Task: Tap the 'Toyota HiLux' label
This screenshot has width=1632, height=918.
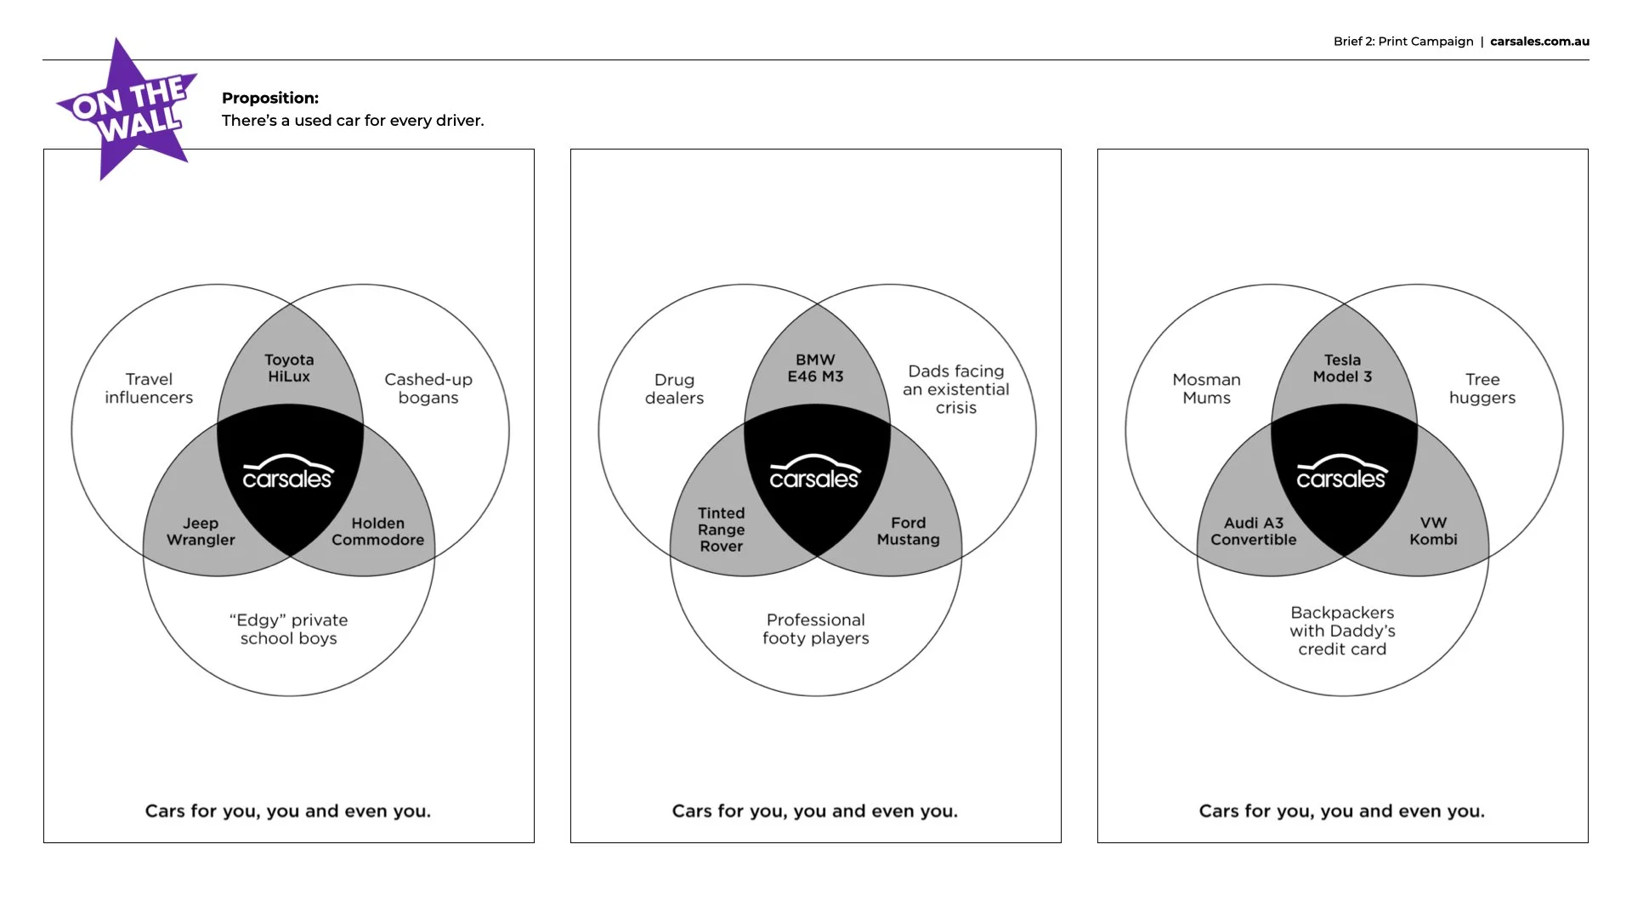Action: tap(289, 368)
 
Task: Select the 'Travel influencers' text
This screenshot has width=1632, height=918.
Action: tap(149, 388)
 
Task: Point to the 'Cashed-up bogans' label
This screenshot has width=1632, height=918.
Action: tap(428, 388)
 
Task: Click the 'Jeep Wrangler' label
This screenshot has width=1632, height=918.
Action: tap(201, 531)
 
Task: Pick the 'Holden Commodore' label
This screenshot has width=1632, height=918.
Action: tap(377, 531)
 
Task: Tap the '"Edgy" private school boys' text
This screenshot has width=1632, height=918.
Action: tap(289, 629)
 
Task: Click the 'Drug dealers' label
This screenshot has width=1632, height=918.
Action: tap(674, 388)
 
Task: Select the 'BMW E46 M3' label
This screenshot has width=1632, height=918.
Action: tap(815, 368)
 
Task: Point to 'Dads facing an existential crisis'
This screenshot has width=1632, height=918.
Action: tap(956, 389)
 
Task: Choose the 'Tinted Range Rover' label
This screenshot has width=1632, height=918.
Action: tap(721, 530)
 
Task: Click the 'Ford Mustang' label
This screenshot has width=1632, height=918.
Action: tap(908, 531)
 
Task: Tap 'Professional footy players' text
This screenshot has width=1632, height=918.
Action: tap(816, 629)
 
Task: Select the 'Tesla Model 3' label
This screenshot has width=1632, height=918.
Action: tap(1342, 368)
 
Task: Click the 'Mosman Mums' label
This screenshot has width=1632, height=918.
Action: tap(1206, 388)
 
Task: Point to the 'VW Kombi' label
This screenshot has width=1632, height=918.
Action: tap(1433, 531)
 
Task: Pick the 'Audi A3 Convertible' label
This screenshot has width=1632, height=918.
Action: tap(1254, 531)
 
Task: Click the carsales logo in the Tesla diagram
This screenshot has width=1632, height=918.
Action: tap(1342, 473)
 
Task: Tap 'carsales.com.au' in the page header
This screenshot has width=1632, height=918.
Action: tap(1539, 41)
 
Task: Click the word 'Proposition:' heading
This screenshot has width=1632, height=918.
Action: tap(270, 98)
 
